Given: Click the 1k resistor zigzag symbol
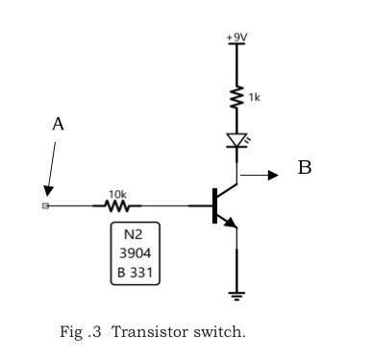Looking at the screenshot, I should [x=236, y=97].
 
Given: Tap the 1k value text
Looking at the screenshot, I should [x=253, y=98].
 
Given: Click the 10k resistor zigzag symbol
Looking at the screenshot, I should [x=116, y=205].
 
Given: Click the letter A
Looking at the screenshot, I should [x=58, y=124].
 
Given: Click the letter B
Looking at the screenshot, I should [x=304, y=168].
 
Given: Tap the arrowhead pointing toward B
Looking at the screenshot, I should [x=273, y=175].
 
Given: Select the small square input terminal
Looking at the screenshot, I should [x=46, y=205].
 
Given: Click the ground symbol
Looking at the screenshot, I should [x=236, y=295].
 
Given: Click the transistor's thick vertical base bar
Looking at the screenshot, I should [x=213, y=205].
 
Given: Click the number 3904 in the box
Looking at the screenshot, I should [x=135, y=254].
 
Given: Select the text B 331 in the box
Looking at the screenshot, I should [x=135, y=274].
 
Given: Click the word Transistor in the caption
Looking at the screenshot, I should [x=143, y=333].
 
